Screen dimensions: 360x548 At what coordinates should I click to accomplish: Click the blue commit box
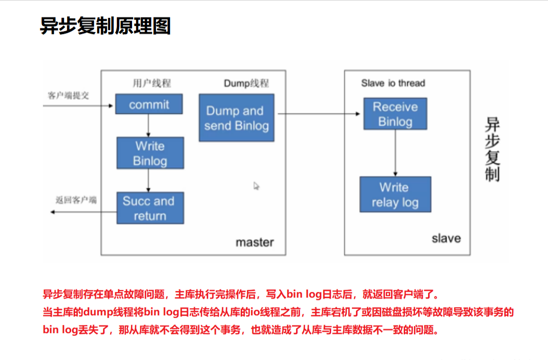[149, 105]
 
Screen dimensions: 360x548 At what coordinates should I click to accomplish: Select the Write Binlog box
[150, 153]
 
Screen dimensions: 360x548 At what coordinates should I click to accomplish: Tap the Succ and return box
[150, 208]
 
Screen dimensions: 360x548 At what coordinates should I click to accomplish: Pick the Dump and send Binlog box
[236, 118]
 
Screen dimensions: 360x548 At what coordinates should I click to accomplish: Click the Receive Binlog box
[395, 114]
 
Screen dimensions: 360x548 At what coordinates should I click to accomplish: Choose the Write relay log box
[395, 195]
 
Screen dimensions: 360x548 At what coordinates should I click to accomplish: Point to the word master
[254, 242]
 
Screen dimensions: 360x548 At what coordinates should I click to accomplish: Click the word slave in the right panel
[446, 238]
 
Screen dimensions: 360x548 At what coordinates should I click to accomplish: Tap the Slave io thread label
[393, 83]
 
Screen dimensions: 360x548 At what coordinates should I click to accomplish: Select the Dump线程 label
[246, 83]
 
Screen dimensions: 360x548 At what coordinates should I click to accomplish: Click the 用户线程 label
[152, 83]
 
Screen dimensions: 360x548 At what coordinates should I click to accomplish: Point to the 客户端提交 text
[69, 95]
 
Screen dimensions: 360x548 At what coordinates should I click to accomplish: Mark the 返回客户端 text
[76, 200]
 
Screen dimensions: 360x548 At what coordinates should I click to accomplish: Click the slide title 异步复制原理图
[105, 25]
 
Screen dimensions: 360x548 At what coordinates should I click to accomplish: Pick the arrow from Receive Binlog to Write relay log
[395, 152]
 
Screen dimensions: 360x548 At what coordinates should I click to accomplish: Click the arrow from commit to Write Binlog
[148, 125]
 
